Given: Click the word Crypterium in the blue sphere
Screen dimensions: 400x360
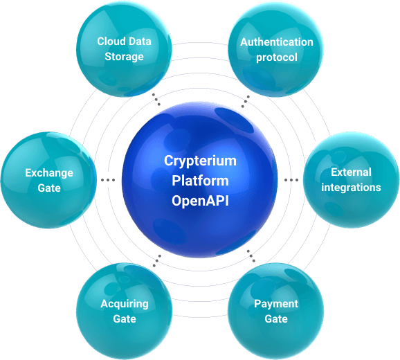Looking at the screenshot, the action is [200, 161].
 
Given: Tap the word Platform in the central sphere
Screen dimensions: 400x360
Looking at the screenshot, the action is [200, 181].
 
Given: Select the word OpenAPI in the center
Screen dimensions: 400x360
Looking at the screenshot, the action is [200, 201].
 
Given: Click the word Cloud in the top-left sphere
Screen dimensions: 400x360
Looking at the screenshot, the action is [111, 42].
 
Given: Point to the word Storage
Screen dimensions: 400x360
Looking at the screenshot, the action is [125, 57].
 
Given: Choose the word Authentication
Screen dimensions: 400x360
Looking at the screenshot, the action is [277, 42].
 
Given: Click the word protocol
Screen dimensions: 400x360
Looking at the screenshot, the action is [277, 57].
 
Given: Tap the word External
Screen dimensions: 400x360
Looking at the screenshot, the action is [351, 172].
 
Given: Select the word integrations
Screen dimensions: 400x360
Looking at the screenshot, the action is [351, 188].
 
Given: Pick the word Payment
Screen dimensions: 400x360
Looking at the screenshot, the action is [276, 304].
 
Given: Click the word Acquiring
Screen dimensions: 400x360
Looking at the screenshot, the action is [125, 304].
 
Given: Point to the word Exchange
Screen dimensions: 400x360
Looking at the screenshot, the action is [49, 173].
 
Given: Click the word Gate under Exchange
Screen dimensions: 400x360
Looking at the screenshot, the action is [49, 188].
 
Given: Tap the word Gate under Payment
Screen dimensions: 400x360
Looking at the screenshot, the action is [276, 319].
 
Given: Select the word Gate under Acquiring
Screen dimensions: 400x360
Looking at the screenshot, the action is [125, 319].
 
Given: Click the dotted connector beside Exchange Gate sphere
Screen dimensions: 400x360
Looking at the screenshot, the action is [108, 180].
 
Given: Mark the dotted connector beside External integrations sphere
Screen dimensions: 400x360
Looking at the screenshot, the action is [291, 180].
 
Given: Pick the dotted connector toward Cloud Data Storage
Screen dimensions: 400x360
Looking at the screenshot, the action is [156, 100].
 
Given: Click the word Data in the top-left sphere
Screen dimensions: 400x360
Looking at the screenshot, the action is [139, 42].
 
